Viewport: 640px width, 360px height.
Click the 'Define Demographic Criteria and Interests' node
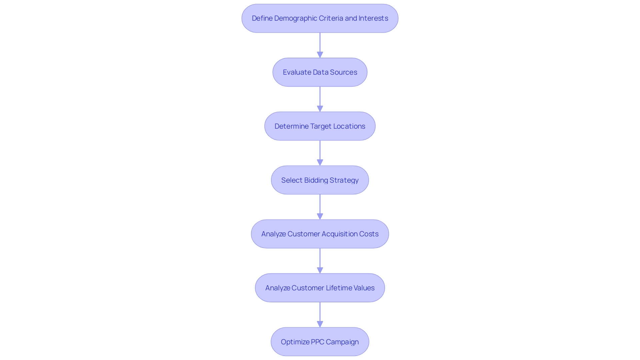[320, 18]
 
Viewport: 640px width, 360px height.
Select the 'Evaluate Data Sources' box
[320, 72]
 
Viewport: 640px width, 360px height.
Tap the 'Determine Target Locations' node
[320, 126]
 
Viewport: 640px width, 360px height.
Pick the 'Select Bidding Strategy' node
[320, 180]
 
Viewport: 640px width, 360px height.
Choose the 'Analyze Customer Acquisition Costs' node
[320, 234]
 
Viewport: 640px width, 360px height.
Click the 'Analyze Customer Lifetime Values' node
[320, 288]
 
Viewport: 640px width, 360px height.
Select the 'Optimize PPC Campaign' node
[320, 342]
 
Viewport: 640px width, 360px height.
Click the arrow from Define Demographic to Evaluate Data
[320, 45]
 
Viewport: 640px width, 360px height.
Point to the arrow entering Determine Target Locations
[320, 99]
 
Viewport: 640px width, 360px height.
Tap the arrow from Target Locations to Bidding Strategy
[320, 153]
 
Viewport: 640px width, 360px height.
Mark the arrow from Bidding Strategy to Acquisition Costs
[320, 207]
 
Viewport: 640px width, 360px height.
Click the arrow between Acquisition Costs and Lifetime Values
[320, 261]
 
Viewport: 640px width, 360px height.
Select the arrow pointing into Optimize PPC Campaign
[320, 315]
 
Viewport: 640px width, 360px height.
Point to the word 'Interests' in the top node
[373, 18]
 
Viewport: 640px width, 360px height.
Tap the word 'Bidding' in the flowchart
[316, 180]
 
